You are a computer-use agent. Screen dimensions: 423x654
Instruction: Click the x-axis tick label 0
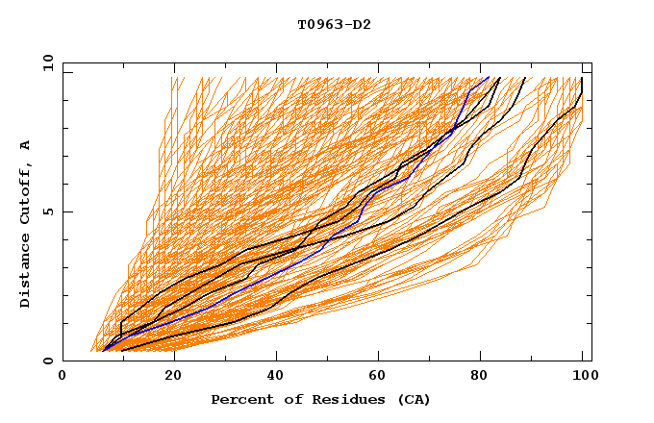tap(63, 376)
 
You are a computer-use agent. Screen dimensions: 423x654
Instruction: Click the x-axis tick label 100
tap(583, 376)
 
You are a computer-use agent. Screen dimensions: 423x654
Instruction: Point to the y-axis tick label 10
tap(47, 62)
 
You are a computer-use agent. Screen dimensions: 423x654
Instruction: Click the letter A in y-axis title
tap(26, 144)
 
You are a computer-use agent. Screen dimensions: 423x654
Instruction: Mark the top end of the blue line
tap(489, 77)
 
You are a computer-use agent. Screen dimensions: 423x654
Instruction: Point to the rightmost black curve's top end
tap(582, 78)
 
